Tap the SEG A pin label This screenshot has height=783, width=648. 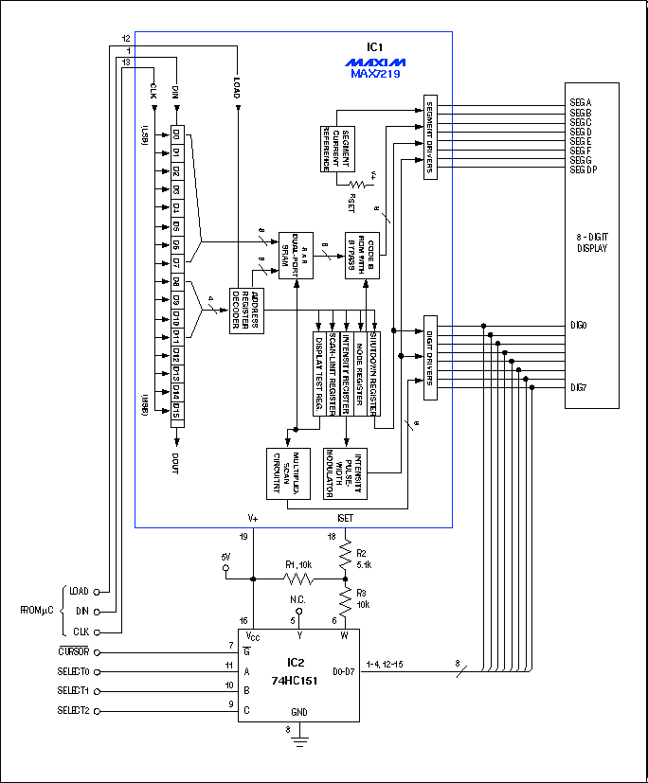click(x=580, y=101)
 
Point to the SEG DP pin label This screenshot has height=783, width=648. click(x=583, y=169)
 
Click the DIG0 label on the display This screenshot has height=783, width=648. click(x=577, y=325)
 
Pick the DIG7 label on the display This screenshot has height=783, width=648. click(x=577, y=387)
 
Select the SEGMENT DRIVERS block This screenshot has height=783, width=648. click(x=429, y=137)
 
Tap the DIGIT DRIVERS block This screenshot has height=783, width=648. click(x=429, y=358)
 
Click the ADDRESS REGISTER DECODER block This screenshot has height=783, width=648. click(x=248, y=310)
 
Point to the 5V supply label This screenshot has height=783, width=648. click(x=225, y=556)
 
